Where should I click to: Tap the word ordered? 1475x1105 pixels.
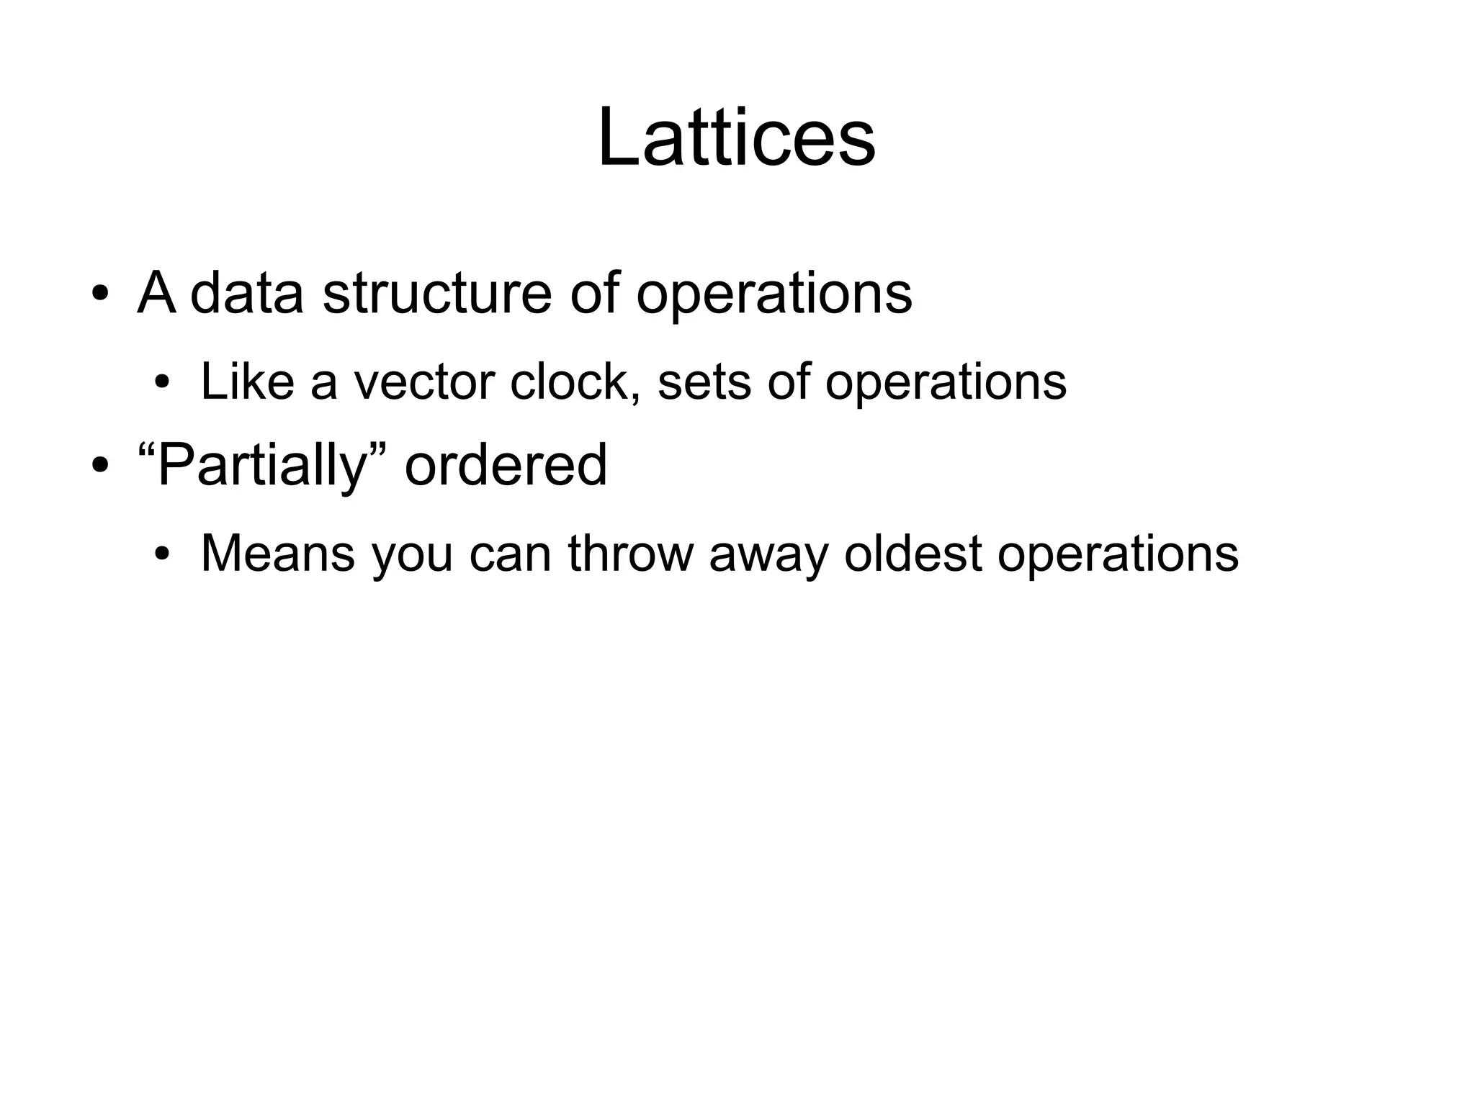pyautogui.click(x=506, y=465)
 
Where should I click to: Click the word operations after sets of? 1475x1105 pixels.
pyautogui.click(x=945, y=382)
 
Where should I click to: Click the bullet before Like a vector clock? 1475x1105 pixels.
pyautogui.click(x=162, y=382)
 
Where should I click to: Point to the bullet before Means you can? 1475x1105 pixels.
pyautogui.click(x=162, y=554)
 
